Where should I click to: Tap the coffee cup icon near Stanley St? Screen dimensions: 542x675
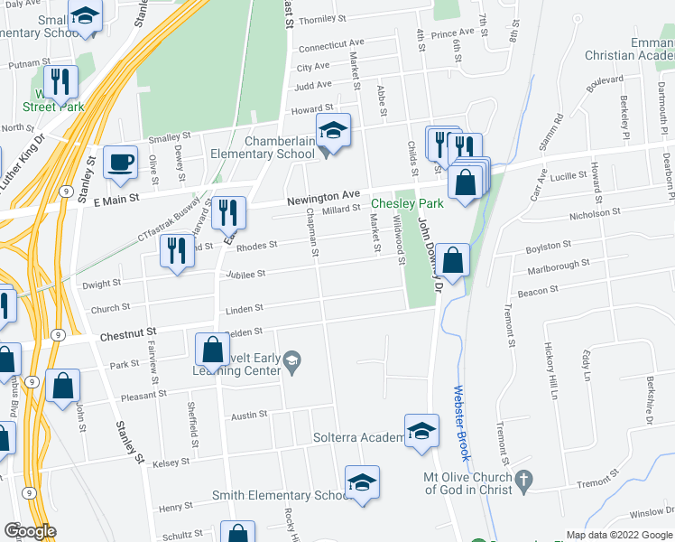pyautogui.click(x=120, y=163)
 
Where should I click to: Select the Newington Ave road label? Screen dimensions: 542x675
pyautogui.click(x=324, y=196)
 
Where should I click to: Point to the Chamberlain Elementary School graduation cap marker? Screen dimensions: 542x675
pyautogui.click(x=332, y=132)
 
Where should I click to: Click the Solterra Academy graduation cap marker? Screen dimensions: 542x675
pyautogui.click(x=421, y=432)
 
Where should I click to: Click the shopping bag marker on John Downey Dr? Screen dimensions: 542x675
pyautogui.click(x=455, y=260)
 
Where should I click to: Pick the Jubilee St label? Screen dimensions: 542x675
pyautogui.click(x=247, y=274)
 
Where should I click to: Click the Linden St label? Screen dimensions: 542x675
pyautogui.click(x=245, y=310)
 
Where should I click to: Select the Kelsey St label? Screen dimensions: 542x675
pyautogui.click(x=171, y=462)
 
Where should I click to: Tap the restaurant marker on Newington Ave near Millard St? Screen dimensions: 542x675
pyautogui.click(x=228, y=213)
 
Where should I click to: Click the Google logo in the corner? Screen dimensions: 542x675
pyautogui.click(x=30, y=531)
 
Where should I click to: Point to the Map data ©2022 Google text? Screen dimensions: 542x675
pyautogui.click(x=618, y=535)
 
